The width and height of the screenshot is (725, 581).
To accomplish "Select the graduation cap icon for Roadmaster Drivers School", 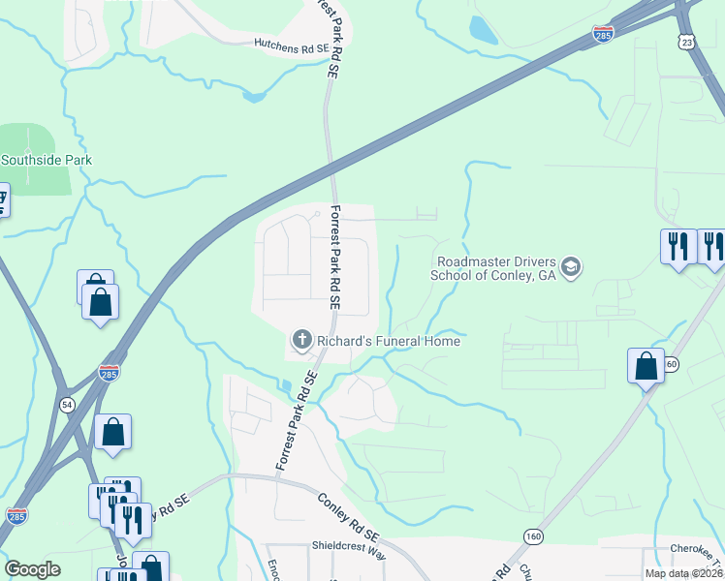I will pyautogui.click(x=571, y=267).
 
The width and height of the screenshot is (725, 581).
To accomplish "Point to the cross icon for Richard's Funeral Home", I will pyautogui.click(x=301, y=340).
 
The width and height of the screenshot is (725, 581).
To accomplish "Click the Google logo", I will pyautogui.click(x=32, y=569).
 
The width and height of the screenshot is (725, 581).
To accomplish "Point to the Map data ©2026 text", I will pyautogui.click(x=684, y=573).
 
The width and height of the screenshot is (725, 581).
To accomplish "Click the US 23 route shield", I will pyautogui.click(x=687, y=42).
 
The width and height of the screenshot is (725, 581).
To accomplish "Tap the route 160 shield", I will pyautogui.click(x=532, y=535).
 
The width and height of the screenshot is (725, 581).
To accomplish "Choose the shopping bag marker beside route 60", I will pyautogui.click(x=646, y=367).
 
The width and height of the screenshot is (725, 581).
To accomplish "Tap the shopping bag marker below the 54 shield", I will pyautogui.click(x=112, y=433).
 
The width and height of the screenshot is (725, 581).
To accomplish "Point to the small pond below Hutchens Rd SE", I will pyautogui.click(x=254, y=96).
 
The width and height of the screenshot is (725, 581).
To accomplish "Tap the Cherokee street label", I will pyautogui.click(x=697, y=549).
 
